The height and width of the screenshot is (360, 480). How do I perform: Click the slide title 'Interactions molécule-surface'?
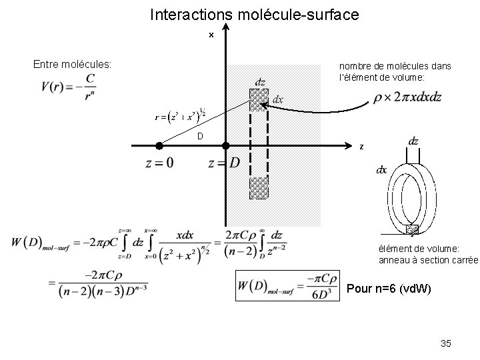(x=255, y=14)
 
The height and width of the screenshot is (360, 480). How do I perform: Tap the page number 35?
(x=446, y=343)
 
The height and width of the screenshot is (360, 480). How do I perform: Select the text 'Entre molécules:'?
(x=73, y=65)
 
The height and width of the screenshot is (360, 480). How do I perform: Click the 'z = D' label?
(x=224, y=163)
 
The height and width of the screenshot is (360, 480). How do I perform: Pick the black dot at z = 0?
(x=159, y=145)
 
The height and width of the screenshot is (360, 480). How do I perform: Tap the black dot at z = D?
(x=225, y=145)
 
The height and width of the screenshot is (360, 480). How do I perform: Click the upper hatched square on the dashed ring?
(x=259, y=99)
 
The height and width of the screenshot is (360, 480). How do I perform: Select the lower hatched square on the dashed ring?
(x=259, y=188)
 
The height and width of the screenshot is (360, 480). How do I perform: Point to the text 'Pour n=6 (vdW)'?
(x=389, y=289)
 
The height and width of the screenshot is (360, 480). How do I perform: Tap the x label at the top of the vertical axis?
(x=211, y=35)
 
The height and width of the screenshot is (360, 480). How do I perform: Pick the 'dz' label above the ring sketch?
(x=413, y=141)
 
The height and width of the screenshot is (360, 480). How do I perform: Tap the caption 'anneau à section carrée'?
(x=428, y=260)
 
